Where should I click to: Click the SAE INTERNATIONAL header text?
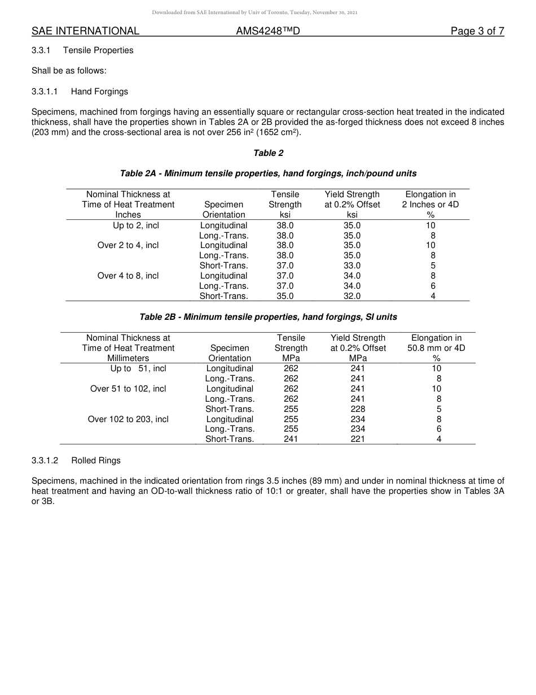click(85, 31)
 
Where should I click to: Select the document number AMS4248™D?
click(267, 31)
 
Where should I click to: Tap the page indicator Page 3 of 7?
click(477, 31)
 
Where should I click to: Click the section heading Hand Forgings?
click(99, 92)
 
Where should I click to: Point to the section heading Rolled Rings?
click(96, 461)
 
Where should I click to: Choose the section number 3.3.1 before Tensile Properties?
click(41, 50)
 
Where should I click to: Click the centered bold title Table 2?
click(268, 153)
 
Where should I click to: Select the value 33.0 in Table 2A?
click(352, 266)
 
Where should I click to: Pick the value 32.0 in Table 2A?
click(352, 296)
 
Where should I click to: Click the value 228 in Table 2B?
click(358, 409)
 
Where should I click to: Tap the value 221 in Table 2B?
click(358, 439)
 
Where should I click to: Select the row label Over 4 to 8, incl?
click(128, 276)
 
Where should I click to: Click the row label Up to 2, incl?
click(136, 225)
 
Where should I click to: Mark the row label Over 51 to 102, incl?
click(128, 389)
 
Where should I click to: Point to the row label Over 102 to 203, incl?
click(128, 419)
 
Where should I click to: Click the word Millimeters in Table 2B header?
click(128, 358)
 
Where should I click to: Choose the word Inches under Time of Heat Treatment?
click(128, 215)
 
